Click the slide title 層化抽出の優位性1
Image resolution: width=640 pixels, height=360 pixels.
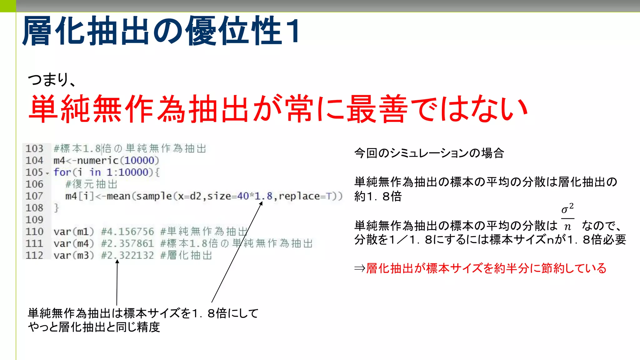click(x=161, y=31)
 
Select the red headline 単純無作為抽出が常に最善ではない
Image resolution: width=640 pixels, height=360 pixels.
click(x=278, y=109)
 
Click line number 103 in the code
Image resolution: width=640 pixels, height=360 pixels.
click(x=34, y=148)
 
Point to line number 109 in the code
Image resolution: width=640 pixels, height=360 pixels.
click(x=34, y=220)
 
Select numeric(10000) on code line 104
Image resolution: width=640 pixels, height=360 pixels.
click(x=118, y=160)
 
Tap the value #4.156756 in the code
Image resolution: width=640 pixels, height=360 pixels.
click(x=127, y=232)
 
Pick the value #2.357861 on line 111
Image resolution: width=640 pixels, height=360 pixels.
click(x=127, y=243)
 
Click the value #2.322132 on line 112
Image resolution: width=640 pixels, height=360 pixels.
click(x=127, y=255)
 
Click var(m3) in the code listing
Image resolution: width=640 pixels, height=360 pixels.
click(x=74, y=255)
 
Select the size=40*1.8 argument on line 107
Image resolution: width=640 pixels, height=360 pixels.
click(x=240, y=196)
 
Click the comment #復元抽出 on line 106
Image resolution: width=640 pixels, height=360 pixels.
click(x=91, y=184)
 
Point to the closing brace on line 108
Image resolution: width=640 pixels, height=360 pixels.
click(x=56, y=208)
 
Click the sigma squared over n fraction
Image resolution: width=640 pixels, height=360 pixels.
click(x=567, y=217)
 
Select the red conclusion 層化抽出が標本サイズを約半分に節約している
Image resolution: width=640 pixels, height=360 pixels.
click(x=486, y=268)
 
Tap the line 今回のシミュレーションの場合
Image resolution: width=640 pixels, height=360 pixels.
click(x=429, y=153)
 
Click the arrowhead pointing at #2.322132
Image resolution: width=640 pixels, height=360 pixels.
click(x=117, y=262)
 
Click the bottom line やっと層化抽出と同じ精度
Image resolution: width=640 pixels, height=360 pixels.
click(x=94, y=327)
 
